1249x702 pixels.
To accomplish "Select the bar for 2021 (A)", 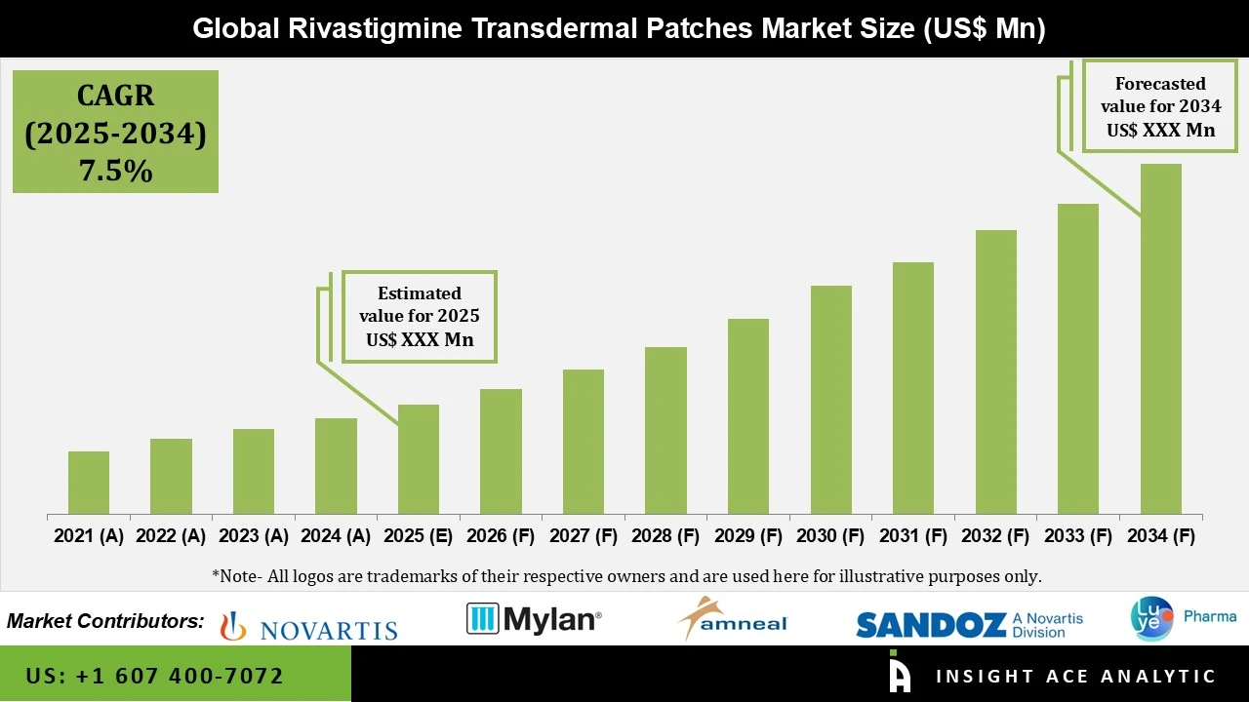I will [x=89, y=483].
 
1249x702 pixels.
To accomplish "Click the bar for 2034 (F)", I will [x=1160, y=338].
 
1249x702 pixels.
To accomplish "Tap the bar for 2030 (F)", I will [x=830, y=400].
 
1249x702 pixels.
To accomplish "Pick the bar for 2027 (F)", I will [x=584, y=442].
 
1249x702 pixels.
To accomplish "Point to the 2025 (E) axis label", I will [x=419, y=536].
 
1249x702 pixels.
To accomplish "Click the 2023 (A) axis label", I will [x=254, y=536].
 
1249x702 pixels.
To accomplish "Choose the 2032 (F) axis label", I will [x=995, y=536].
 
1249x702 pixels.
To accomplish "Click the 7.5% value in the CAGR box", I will [x=115, y=172].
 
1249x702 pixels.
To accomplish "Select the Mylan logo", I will [x=534, y=619].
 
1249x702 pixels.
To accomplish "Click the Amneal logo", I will [x=732, y=619].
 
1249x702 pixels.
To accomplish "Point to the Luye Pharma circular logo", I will [x=1151, y=619].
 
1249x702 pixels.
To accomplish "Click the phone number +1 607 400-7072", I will [x=155, y=676].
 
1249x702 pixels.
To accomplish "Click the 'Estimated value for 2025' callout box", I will [x=419, y=317].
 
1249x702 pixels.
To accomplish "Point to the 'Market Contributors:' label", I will [x=105, y=621].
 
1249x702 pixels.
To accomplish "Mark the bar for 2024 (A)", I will [x=336, y=466].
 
